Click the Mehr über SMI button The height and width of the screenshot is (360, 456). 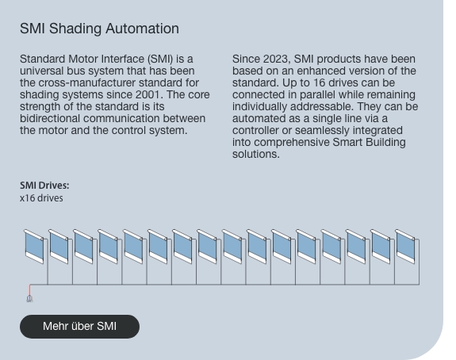pyautogui.click(x=79, y=326)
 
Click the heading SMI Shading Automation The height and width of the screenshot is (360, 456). pyautogui.click(x=99, y=29)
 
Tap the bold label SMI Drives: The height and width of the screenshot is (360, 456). pyautogui.click(x=44, y=186)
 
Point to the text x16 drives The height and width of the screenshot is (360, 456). pyautogui.click(x=41, y=198)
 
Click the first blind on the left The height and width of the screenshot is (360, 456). pyautogui.click(x=34, y=247)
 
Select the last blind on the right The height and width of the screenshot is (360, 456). pyautogui.click(x=405, y=247)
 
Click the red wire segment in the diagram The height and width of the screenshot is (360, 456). pyautogui.click(x=29, y=290)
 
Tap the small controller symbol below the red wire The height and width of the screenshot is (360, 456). pyautogui.click(x=29, y=299)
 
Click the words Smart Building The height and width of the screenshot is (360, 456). pyautogui.click(x=369, y=143)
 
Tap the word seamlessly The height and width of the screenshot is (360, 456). pyautogui.click(x=322, y=131)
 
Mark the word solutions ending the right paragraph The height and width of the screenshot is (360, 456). pyautogui.click(x=255, y=155)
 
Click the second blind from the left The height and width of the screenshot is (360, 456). pyautogui.click(x=59, y=247)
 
